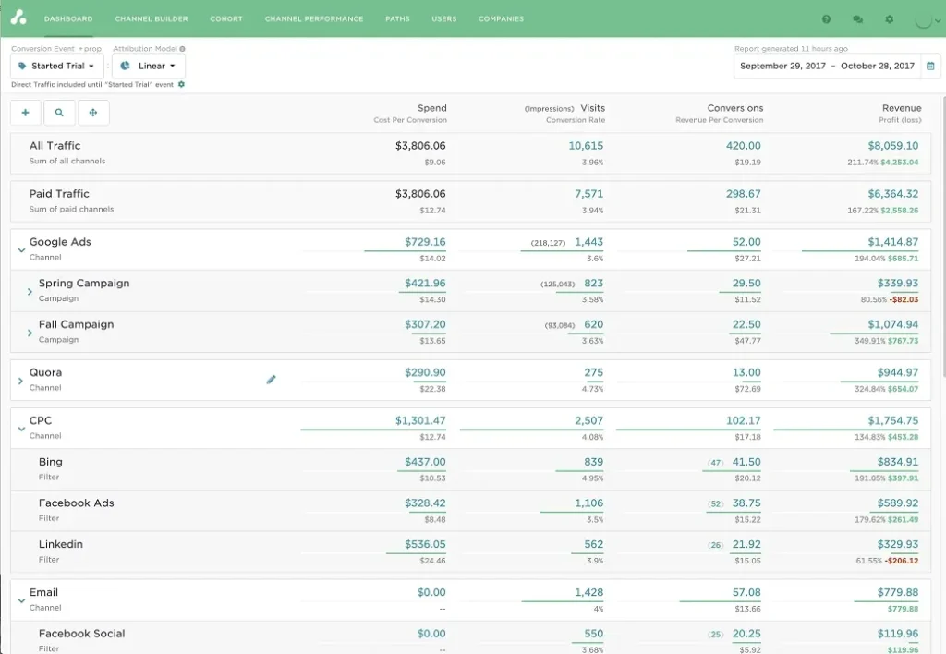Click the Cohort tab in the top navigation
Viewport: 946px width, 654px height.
point(226,18)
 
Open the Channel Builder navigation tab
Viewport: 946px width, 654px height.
point(152,18)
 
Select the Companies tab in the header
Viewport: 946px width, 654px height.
point(501,18)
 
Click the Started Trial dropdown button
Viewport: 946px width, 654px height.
point(57,66)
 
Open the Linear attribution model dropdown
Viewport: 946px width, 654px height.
point(148,66)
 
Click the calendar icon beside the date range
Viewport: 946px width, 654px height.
point(930,66)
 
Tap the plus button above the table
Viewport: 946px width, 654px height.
point(25,113)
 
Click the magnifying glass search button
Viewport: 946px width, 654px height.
point(59,113)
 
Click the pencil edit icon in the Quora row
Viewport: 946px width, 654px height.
point(272,379)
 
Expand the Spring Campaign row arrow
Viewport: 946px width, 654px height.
point(30,291)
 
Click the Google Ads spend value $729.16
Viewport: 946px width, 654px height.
point(425,242)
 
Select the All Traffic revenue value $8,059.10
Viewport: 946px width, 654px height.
point(892,146)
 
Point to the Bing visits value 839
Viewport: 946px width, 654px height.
point(593,462)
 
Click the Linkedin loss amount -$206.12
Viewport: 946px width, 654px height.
point(901,561)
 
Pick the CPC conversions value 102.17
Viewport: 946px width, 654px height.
point(743,420)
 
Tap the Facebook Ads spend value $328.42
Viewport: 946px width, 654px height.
point(425,503)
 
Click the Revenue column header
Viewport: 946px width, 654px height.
point(902,108)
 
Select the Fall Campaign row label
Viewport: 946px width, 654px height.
point(76,324)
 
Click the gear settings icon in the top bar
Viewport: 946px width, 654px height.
point(889,18)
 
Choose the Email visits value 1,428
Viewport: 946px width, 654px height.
point(588,592)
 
